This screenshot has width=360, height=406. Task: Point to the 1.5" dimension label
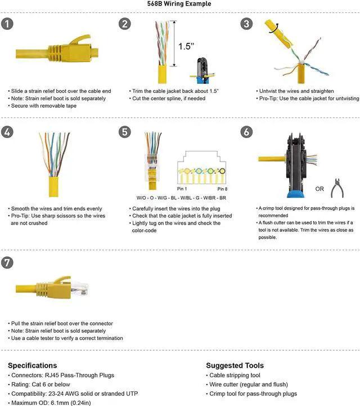(x=186, y=46)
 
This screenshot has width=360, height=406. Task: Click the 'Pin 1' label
(x=181, y=189)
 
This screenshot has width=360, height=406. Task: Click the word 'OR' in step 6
(x=318, y=189)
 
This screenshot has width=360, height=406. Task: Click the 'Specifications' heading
(x=32, y=365)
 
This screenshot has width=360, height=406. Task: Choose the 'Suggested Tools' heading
(x=235, y=365)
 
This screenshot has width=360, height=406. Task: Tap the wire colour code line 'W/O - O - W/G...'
(x=181, y=198)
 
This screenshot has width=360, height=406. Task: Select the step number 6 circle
(x=246, y=132)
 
